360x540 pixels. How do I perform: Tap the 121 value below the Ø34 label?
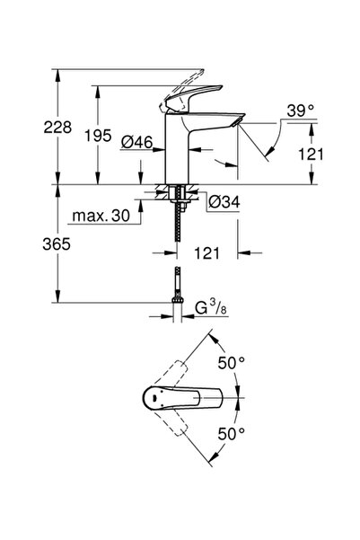pyautogui.click(x=206, y=254)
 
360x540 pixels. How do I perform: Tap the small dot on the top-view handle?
pyautogui.click(x=154, y=399)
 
